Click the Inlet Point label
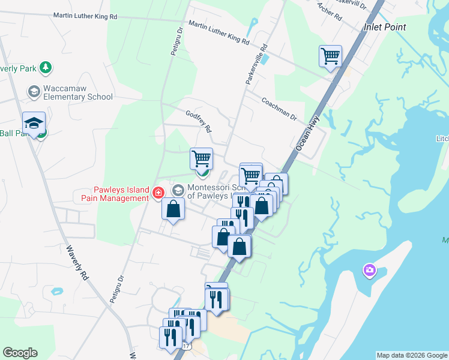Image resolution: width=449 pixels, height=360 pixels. [x=384, y=27]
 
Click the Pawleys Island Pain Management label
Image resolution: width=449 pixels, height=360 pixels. [x=112, y=193]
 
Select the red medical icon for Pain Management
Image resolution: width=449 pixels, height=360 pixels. [x=158, y=193]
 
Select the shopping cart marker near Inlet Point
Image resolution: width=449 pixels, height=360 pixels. [x=330, y=56]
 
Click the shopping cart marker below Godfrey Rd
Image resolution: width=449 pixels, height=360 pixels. [x=201, y=159]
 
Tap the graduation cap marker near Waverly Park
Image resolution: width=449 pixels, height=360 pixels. [x=34, y=123]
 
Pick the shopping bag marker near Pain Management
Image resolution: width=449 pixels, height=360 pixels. [x=173, y=209]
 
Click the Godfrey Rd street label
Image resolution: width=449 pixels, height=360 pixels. [x=199, y=121]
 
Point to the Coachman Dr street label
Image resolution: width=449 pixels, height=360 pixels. [x=279, y=109]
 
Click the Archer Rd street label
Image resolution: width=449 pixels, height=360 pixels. [x=329, y=11]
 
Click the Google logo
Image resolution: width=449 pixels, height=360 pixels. [x=20, y=353]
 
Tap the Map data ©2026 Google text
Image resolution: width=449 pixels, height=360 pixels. [x=412, y=355]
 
